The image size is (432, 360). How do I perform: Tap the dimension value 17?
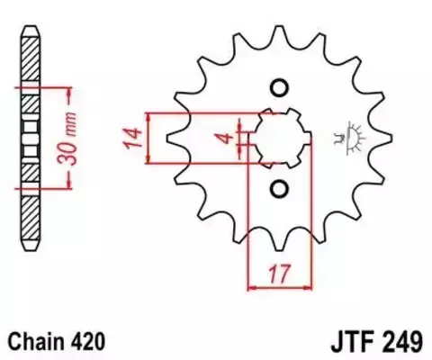(279, 270)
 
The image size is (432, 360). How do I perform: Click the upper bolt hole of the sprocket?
(278, 88)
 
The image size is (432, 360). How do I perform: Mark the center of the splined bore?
(279, 138)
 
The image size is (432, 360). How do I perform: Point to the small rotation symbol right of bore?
(342, 138)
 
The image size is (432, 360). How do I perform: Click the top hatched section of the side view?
(31, 59)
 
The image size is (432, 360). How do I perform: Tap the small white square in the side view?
(31, 139)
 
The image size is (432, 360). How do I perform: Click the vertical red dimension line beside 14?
(149, 138)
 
